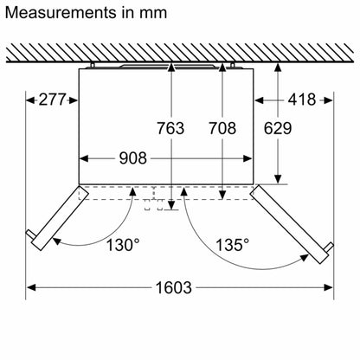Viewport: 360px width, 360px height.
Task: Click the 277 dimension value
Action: tap(52, 100)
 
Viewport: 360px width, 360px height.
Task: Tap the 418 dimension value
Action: tap(302, 100)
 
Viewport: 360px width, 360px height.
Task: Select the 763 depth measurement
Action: tap(170, 128)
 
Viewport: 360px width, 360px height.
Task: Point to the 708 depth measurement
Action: tap(222, 128)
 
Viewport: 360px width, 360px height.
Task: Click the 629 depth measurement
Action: tap(278, 128)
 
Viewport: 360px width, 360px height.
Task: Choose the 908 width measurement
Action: tap(133, 158)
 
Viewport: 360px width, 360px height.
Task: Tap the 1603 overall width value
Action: tap(174, 287)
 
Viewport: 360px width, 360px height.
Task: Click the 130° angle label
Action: tap(123, 245)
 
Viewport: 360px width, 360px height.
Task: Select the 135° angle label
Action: tap(233, 245)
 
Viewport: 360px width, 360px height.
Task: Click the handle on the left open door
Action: tap(30, 234)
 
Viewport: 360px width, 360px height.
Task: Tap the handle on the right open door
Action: tap(330, 247)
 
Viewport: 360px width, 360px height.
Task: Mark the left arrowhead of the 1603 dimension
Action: tap(31, 287)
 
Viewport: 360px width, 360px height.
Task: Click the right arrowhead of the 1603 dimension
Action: tap(329, 287)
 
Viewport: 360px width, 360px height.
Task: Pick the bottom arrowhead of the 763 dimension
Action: tap(171, 205)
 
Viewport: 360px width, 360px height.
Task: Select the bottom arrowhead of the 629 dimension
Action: tap(278, 179)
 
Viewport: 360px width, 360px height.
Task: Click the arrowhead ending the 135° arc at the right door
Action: tap(304, 258)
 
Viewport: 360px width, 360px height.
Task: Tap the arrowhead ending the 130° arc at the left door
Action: tap(57, 241)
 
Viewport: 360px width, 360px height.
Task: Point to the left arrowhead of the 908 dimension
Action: tap(84, 158)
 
